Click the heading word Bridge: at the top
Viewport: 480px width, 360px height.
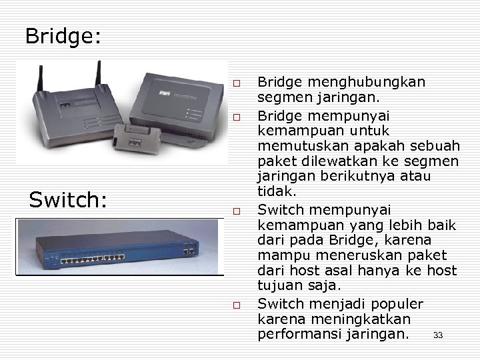63,36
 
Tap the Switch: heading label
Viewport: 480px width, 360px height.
68,199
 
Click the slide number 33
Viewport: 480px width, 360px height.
438,335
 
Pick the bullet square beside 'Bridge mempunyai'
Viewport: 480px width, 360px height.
237,117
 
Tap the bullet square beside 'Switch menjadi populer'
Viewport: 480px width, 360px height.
237,306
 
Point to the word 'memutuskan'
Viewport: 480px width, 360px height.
297,145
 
